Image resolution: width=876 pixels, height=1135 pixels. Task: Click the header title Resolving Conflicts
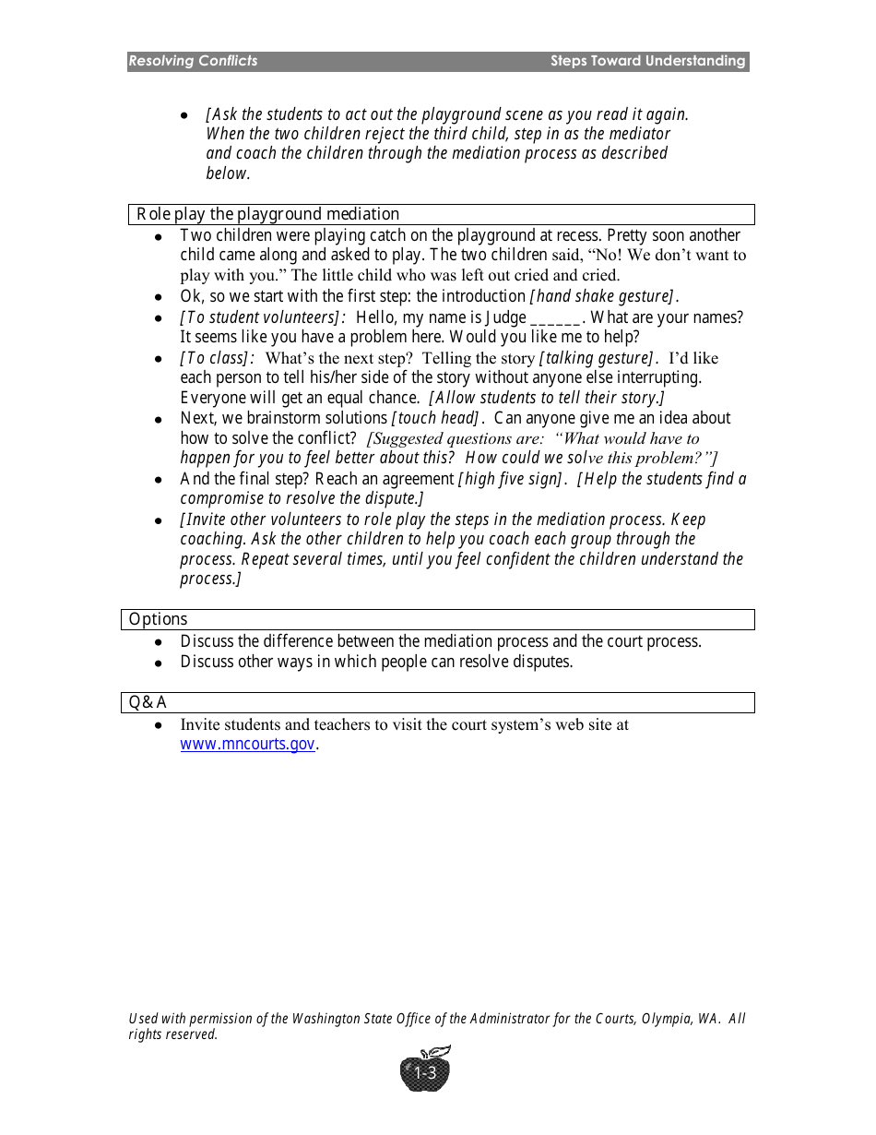click(193, 61)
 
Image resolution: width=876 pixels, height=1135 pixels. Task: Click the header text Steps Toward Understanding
click(647, 61)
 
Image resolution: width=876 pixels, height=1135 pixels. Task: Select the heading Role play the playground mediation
click(268, 214)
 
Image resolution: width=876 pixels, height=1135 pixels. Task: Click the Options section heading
click(158, 619)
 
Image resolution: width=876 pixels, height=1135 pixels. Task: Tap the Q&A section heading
click(148, 702)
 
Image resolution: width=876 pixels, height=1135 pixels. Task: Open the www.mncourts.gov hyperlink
click(247, 745)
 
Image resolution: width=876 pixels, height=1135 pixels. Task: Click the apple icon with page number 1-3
click(425, 1071)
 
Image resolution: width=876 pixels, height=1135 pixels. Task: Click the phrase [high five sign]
click(511, 479)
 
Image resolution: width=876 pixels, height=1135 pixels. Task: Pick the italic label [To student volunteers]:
click(263, 317)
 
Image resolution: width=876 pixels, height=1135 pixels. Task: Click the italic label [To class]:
click(217, 358)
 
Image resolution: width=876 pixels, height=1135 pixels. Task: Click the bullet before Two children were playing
click(159, 237)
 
